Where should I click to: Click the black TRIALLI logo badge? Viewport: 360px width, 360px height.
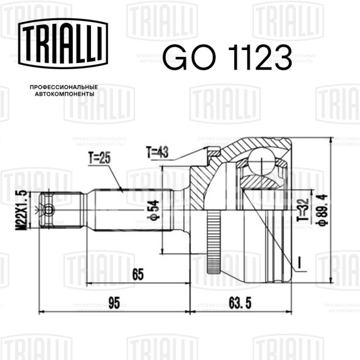pos(63,43)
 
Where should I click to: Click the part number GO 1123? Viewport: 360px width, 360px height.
pos(227,57)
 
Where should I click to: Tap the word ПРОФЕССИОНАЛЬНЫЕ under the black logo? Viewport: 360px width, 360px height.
pos(64,87)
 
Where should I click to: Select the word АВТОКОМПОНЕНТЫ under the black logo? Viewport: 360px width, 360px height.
pos(65,94)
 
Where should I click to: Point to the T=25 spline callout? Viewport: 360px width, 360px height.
pos(100,158)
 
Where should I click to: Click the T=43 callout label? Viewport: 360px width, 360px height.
pos(157,152)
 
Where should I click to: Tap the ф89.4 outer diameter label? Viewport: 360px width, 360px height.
pos(322,210)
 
